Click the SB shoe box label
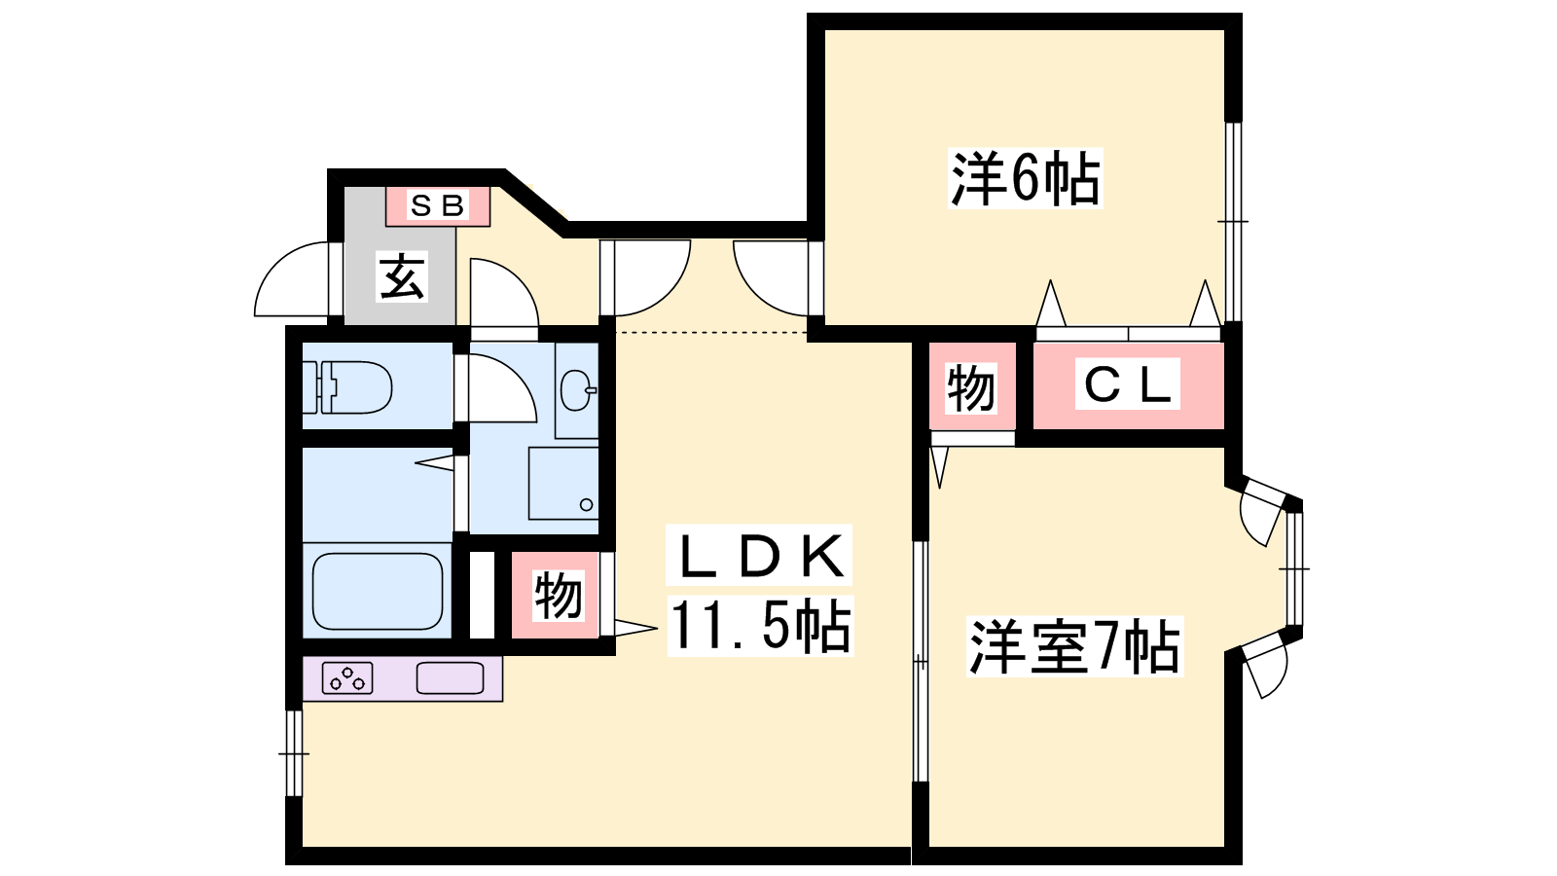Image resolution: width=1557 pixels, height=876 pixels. click(x=437, y=205)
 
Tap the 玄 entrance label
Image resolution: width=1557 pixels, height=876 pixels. click(x=402, y=276)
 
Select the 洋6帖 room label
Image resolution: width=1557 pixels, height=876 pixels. click(x=1026, y=178)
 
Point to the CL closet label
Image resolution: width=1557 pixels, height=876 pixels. click(x=1128, y=384)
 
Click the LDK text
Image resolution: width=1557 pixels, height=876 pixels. click(x=759, y=556)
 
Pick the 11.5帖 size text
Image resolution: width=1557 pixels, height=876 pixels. click(x=760, y=626)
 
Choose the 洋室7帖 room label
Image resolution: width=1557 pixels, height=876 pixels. click(x=1074, y=646)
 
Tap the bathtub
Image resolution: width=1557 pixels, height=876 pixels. click(x=378, y=592)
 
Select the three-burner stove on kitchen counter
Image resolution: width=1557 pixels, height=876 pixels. click(x=347, y=678)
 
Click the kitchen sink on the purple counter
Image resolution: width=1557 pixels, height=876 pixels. click(x=450, y=678)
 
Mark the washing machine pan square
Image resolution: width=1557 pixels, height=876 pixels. click(x=563, y=483)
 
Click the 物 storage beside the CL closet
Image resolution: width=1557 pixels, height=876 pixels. click(x=971, y=387)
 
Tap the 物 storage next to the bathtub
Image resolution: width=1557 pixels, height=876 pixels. click(x=556, y=595)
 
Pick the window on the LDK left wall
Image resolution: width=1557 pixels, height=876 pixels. click(x=294, y=753)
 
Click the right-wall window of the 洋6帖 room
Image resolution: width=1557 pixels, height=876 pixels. click(x=1232, y=222)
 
